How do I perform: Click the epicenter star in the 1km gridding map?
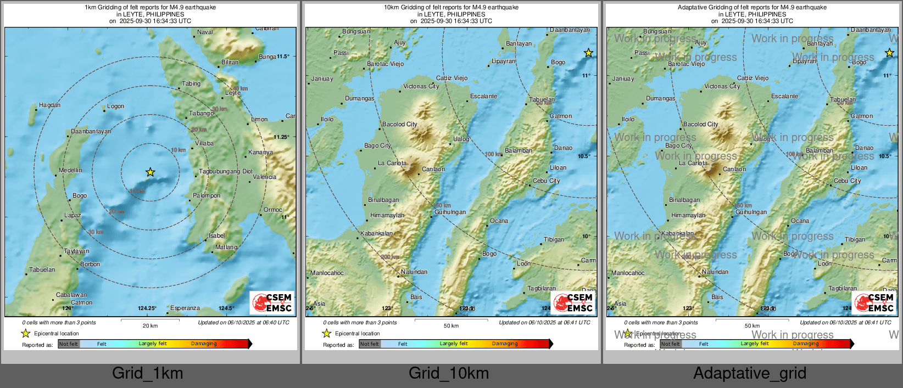coord(150,172)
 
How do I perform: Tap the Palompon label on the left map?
coord(207,195)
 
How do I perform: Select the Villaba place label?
coord(204,143)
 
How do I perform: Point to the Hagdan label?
coord(49,105)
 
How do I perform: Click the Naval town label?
coord(205,32)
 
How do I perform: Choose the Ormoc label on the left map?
coord(272,210)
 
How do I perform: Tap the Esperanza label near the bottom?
coord(185,308)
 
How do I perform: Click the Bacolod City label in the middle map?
coord(399,124)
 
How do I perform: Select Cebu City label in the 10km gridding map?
coord(546,181)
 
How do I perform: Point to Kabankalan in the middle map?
coord(376,233)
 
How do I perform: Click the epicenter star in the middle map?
coord(588,53)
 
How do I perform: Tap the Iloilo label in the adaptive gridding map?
coord(628,119)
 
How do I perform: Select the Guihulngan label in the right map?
coord(751,212)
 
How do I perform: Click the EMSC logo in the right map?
coord(874,302)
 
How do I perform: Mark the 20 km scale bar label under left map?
coord(150,325)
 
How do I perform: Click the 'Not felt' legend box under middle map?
coord(370,344)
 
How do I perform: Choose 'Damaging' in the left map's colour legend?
coord(204,344)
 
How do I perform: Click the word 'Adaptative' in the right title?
coord(694,8)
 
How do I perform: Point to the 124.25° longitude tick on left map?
coord(147,308)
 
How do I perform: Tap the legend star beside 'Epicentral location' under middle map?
coord(326,333)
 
